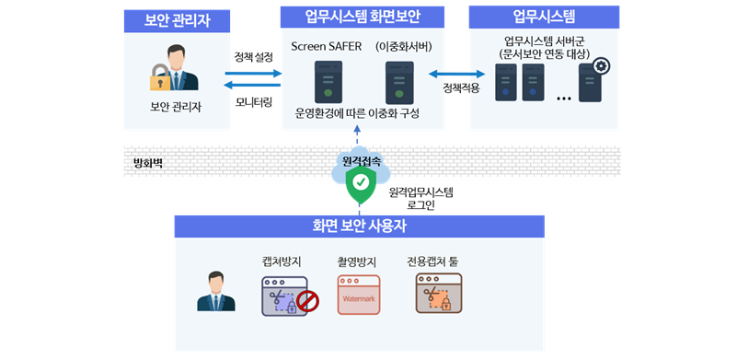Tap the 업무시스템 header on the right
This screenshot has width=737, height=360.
(544, 17)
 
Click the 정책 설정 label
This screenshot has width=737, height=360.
(254, 56)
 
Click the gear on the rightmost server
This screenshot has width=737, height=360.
(602, 65)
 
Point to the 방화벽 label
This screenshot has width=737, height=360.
(148, 164)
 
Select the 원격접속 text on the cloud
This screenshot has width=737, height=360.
(361, 161)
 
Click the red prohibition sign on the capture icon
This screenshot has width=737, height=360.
(307, 300)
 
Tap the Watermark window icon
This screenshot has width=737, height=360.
(358, 295)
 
